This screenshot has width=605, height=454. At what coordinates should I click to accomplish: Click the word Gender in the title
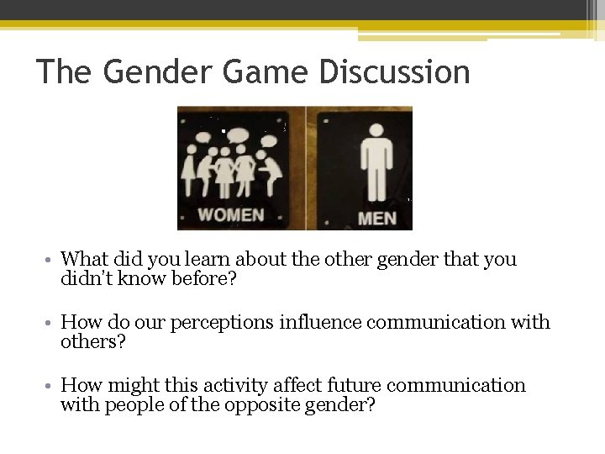click(155, 72)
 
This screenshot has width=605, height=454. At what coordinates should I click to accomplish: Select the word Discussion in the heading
click(394, 72)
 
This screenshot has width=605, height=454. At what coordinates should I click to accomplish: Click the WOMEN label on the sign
click(229, 215)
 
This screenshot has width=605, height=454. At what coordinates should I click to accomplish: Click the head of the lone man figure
click(375, 131)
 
